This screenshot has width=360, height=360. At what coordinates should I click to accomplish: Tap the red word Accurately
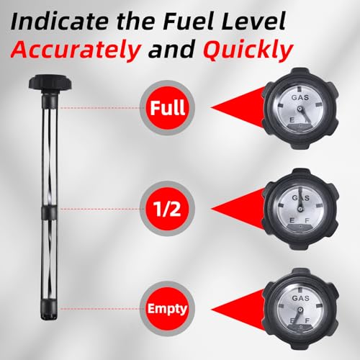tap(76, 50)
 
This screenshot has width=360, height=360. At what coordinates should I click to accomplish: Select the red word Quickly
tap(248, 50)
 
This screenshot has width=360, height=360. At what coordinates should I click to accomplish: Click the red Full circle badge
tap(167, 107)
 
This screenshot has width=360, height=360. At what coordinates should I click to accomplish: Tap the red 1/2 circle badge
tap(167, 209)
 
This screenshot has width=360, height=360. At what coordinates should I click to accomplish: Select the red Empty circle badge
tap(167, 309)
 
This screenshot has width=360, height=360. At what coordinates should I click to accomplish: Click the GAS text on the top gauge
tap(300, 98)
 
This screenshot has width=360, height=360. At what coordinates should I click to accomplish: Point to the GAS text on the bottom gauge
tap(300, 298)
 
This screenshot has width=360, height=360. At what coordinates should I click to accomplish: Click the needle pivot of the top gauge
tap(300, 109)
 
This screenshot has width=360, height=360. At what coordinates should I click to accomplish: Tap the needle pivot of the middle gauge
tap(300, 210)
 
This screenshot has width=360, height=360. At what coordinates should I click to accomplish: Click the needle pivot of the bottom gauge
tap(300, 310)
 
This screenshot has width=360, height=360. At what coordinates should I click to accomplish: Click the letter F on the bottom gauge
tap(307, 320)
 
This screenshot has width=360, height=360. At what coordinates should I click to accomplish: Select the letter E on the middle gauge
tap(292, 220)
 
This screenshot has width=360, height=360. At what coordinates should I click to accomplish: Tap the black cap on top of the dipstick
tap(50, 82)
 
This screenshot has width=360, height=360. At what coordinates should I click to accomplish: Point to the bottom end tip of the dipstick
tap(50, 320)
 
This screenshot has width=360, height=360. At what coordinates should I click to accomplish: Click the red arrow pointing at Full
tap(238, 107)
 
